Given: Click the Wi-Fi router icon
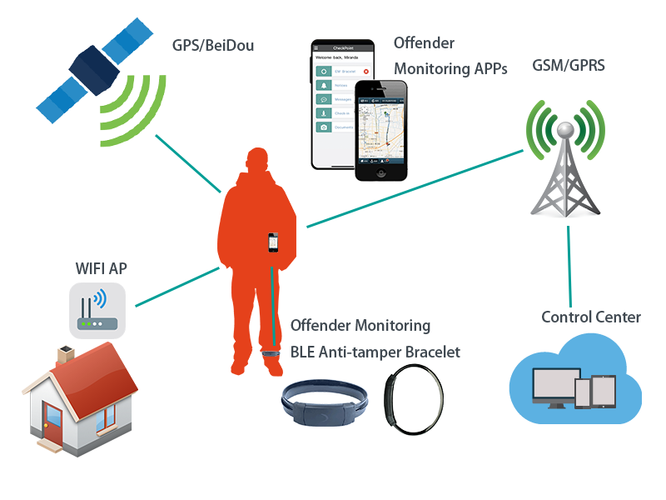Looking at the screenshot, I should [97, 310].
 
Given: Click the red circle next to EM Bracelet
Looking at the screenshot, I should [365, 72].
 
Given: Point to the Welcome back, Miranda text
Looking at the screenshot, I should [341, 57].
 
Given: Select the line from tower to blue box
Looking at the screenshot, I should [569, 267].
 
